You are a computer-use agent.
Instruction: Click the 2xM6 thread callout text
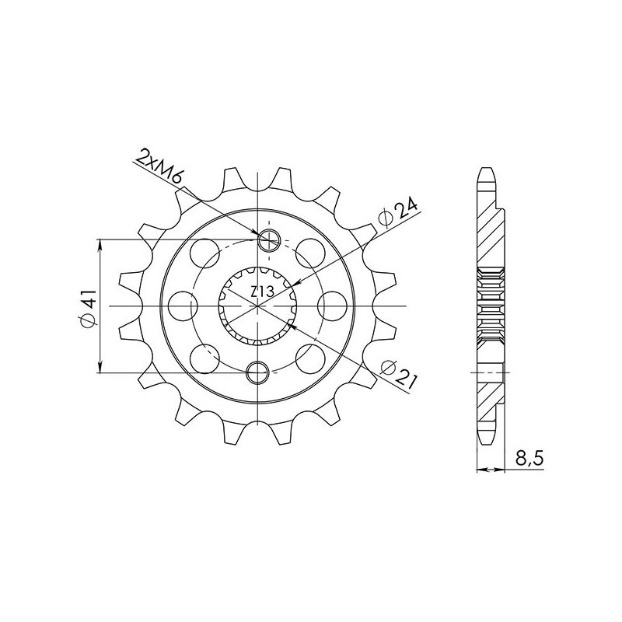(159, 167)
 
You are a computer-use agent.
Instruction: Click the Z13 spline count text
(260, 293)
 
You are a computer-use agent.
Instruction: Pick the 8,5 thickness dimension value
(528, 460)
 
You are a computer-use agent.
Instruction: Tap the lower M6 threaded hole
(258, 373)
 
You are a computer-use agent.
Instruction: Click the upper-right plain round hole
(311, 252)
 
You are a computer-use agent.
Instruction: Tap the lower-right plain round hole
(311, 358)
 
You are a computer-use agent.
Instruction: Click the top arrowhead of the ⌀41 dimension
(100, 245)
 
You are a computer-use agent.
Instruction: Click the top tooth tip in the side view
(486, 173)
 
